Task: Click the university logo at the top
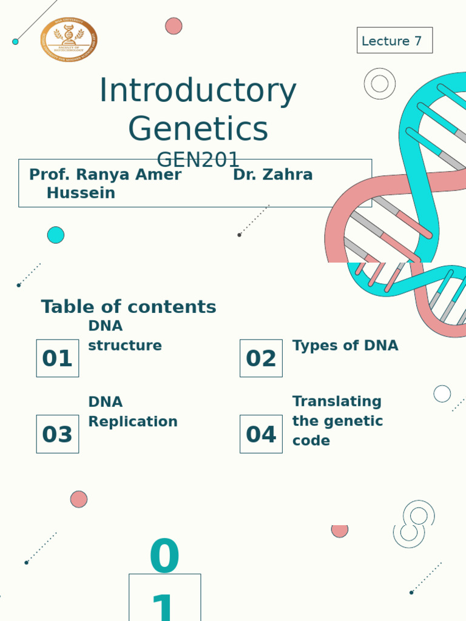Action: point(69,39)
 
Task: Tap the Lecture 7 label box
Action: point(394,41)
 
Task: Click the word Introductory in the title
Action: point(197,91)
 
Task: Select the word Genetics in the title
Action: point(198,129)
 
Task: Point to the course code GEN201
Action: point(198,160)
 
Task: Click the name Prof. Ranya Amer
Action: point(105,175)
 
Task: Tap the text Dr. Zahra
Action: point(272,175)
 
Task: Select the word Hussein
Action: point(81,193)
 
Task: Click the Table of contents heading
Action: point(129,307)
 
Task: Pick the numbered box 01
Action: point(58,358)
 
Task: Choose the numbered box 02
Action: point(261,358)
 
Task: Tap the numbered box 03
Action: point(58,434)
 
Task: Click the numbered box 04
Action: point(261,434)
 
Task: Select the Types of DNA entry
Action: point(345,346)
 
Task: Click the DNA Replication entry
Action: point(132,412)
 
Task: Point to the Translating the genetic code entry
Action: point(337,421)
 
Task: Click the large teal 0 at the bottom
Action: point(164,557)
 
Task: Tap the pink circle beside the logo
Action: point(174,26)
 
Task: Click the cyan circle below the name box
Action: point(56,235)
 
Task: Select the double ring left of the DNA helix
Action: point(380,84)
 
